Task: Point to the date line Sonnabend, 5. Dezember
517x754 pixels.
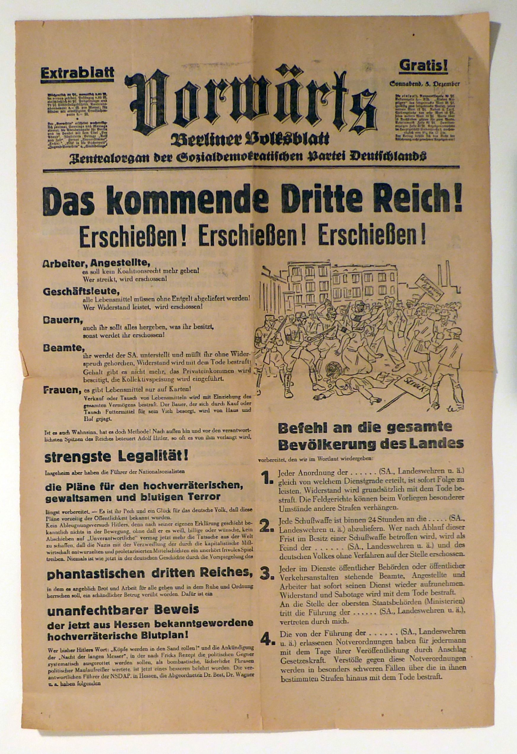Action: tap(425, 84)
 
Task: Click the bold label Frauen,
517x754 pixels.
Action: tap(62, 390)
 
